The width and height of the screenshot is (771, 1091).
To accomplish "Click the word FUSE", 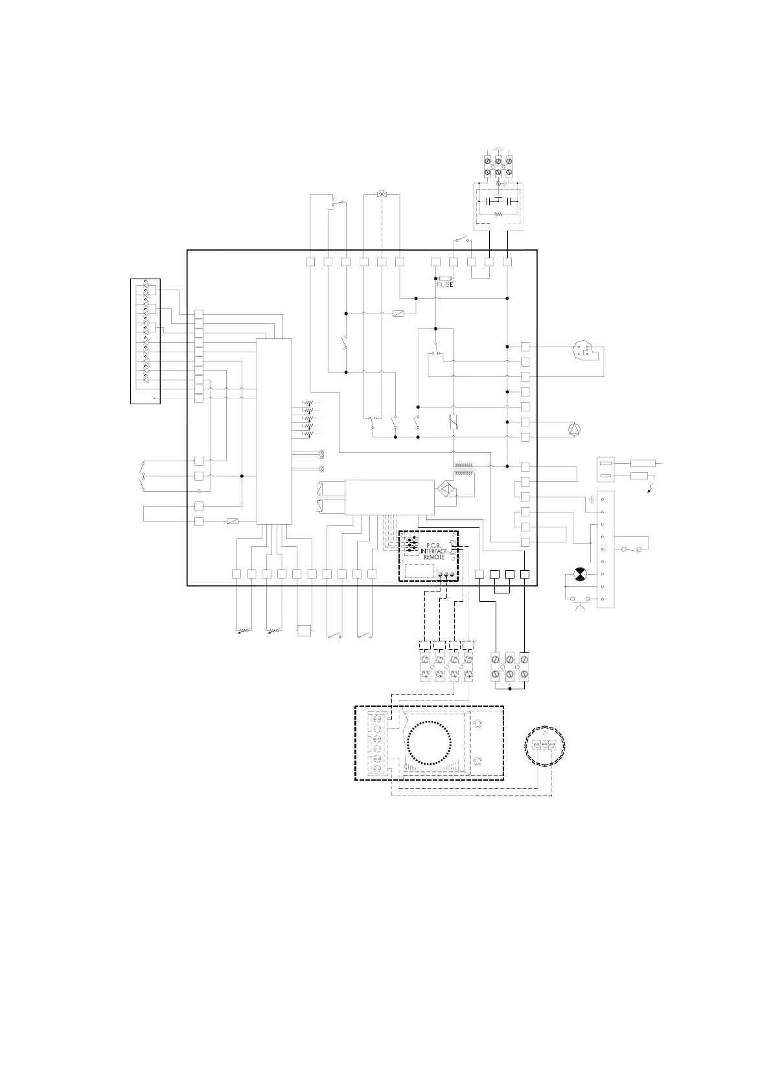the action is coord(444,284).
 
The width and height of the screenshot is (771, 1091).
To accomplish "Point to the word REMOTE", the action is coord(434,557).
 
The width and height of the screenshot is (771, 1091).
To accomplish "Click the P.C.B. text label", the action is coord(433,545).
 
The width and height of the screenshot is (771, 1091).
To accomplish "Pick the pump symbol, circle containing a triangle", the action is coord(573,428).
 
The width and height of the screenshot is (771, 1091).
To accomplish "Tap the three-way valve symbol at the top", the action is coord(382,194).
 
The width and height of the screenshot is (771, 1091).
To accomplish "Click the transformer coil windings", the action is coord(463,468).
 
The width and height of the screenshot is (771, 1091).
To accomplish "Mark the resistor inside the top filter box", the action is coord(498,213).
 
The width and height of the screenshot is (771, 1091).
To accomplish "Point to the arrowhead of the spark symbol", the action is coord(650,492).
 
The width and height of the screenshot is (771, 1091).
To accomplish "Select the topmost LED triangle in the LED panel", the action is coord(146,286).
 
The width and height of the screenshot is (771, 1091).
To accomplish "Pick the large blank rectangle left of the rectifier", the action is coord(389,498).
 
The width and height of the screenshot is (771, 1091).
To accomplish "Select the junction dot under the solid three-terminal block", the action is coord(510,689).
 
